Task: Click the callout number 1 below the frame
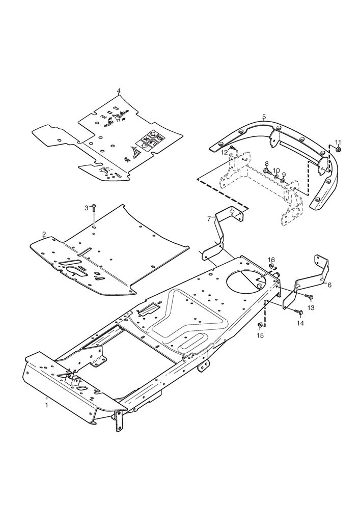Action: pyautogui.click(x=47, y=405)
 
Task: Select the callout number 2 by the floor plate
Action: pyautogui.click(x=44, y=234)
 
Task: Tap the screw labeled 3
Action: pyautogui.click(x=94, y=208)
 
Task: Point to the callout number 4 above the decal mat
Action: pyautogui.click(x=119, y=90)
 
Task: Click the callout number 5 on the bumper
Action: pyautogui.click(x=264, y=116)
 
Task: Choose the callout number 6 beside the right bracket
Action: pyautogui.click(x=329, y=285)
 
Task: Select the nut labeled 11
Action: pyautogui.click(x=338, y=149)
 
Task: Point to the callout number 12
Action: pyautogui.click(x=225, y=152)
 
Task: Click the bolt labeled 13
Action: pyautogui.click(x=308, y=296)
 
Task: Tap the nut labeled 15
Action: pyautogui.click(x=260, y=325)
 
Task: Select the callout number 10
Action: pyautogui.click(x=276, y=171)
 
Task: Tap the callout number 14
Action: pyautogui.click(x=300, y=323)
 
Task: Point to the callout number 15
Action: pyautogui.click(x=260, y=335)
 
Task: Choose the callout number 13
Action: pyautogui.click(x=311, y=307)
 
